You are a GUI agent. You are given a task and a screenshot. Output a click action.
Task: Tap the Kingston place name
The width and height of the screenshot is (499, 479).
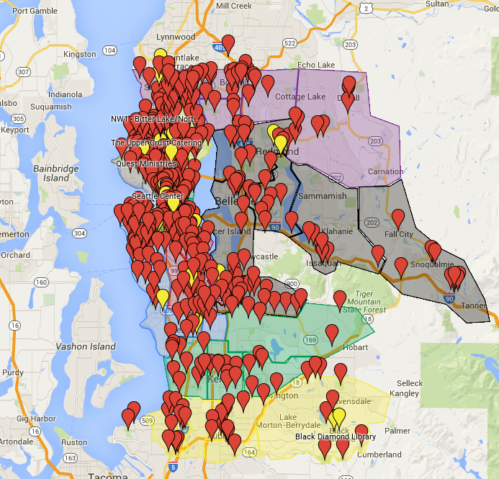(79, 54)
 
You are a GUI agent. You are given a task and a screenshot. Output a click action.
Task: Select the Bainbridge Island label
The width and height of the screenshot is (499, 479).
(55, 172)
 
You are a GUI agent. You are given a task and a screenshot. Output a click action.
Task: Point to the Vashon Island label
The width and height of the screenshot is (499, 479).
(86, 346)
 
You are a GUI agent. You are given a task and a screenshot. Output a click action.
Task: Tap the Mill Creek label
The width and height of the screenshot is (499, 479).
(234, 5)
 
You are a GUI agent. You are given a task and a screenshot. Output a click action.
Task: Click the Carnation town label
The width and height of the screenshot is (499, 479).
(385, 171)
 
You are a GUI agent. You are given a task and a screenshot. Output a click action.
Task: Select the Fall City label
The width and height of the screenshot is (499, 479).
(399, 234)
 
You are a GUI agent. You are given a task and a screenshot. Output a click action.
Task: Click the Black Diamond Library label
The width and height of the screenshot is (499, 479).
(335, 437)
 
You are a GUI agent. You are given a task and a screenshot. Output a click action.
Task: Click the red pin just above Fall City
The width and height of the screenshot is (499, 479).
(398, 218)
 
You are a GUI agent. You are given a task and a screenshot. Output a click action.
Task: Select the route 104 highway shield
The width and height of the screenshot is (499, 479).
(109, 50)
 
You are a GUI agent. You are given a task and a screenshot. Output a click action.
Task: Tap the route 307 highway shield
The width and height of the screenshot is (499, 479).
(24, 72)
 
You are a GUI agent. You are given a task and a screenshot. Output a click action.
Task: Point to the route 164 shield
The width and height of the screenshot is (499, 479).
(249, 452)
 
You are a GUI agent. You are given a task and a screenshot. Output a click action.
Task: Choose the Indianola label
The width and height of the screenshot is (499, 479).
(65, 94)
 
